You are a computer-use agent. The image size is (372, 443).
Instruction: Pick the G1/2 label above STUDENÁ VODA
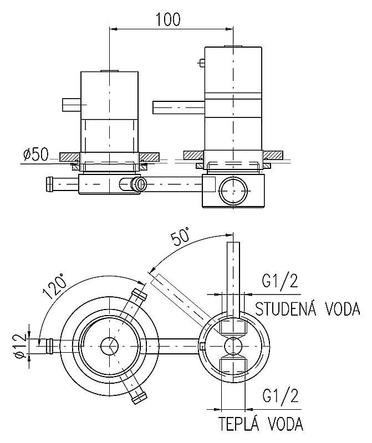pos(279,282)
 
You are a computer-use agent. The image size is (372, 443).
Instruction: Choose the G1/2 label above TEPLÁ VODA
pos(279,396)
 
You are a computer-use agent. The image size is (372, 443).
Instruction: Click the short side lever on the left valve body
pos(72,104)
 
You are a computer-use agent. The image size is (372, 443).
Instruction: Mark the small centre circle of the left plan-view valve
pos(109,346)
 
